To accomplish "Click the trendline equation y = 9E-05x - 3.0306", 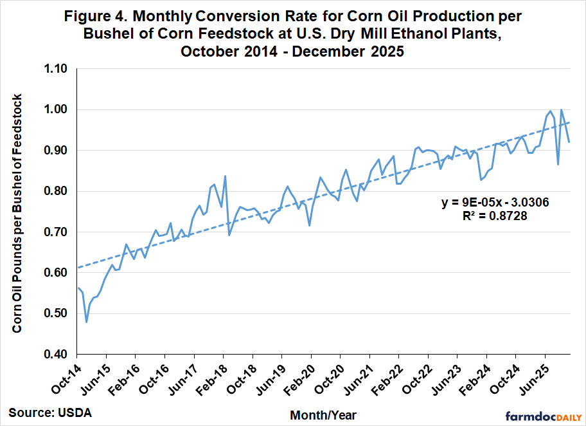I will (495, 203).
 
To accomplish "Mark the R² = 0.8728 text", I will (495, 217).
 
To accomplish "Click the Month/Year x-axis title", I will (323, 415).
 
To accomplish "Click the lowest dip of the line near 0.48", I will (86, 321).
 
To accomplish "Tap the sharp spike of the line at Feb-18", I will (225, 176).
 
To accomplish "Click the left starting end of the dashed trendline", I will (77, 267).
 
